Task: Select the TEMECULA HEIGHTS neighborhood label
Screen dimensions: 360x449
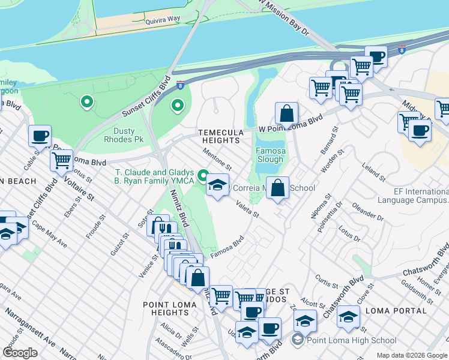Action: click(x=221, y=136)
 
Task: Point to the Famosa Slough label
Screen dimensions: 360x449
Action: click(x=270, y=155)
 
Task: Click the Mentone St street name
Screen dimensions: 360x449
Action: click(x=217, y=159)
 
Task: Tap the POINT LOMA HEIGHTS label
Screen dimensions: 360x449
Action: click(x=166, y=308)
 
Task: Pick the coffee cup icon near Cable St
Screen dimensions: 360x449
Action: click(x=40, y=136)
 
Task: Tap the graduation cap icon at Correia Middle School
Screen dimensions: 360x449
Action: click(x=218, y=185)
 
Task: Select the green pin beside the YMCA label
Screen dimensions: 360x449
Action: click(x=203, y=176)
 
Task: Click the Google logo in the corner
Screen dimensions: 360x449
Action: click(x=20, y=352)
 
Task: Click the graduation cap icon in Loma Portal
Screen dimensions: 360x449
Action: click(x=348, y=317)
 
